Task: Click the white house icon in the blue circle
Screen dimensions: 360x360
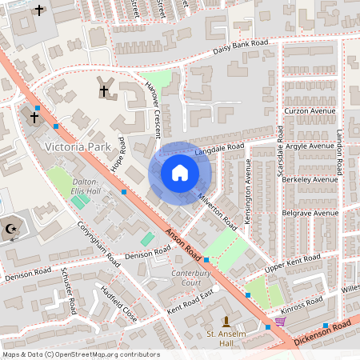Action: (x=180, y=173)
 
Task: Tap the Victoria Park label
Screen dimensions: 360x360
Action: (x=78, y=147)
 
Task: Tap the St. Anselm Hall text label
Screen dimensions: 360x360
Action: (x=226, y=338)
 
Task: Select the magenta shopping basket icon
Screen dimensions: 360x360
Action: (x=280, y=322)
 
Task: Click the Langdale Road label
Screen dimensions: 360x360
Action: (x=219, y=149)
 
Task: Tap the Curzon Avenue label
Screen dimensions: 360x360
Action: (x=309, y=110)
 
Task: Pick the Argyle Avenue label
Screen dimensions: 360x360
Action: (x=309, y=146)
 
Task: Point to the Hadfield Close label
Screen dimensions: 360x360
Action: (x=118, y=304)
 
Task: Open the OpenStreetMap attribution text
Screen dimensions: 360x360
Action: (x=81, y=354)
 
